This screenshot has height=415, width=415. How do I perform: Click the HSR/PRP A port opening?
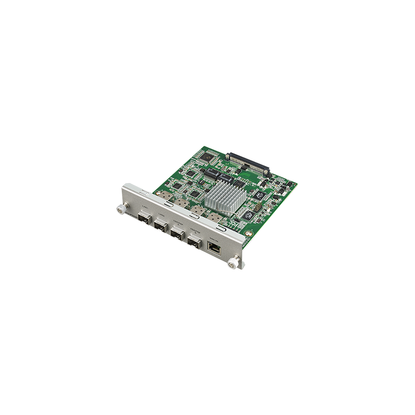tap(177, 233)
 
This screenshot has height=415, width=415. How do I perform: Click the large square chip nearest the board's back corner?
tap(208, 155)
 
